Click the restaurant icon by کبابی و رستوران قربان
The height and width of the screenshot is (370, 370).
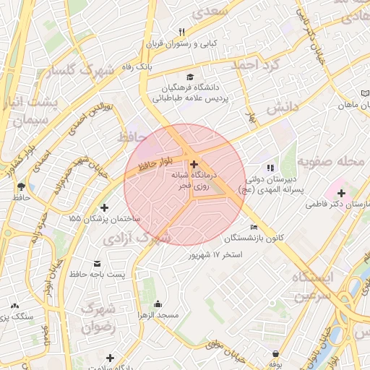pos(181,32)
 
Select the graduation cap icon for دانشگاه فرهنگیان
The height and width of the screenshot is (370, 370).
pos(189,77)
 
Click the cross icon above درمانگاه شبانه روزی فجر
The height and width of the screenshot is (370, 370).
pos(193,165)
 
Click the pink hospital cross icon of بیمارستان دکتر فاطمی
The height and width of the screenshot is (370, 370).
pos(341,193)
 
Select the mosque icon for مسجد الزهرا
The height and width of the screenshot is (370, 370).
pos(158,304)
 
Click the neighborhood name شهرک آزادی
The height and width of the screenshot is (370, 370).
pos(137,237)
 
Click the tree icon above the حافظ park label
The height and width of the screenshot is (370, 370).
pos(20,186)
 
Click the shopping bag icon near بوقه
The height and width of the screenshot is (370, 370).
pos(275,354)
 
